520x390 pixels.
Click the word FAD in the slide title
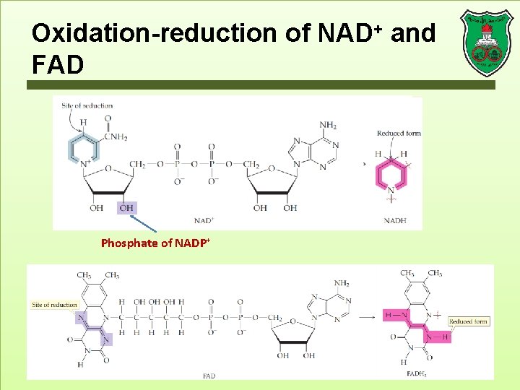click(58, 65)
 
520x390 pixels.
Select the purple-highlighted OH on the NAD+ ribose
click(126, 208)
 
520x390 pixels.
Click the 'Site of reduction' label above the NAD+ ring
click(87, 105)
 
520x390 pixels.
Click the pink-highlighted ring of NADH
click(391, 175)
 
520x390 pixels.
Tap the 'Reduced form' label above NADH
click(399, 133)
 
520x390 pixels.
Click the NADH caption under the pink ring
click(394, 220)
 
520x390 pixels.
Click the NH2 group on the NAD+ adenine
click(327, 125)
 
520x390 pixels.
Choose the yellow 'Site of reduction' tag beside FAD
click(54, 305)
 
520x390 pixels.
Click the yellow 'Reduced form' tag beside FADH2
click(468, 321)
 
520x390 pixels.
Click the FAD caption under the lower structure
click(209, 376)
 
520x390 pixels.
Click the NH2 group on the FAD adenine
click(342, 284)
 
